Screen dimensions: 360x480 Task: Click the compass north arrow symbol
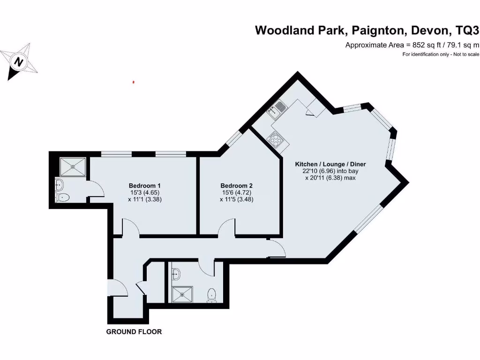point(18,61)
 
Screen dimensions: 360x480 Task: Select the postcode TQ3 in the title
point(467,31)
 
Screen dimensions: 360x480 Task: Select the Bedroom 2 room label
point(237,185)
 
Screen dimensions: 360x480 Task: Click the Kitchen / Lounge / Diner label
point(330,164)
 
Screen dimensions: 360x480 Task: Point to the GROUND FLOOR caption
point(134,332)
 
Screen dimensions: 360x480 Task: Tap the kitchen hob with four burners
point(274,139)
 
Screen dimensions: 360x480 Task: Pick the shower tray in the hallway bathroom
point(180,294)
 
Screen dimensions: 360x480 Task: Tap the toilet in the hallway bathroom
point(212,295)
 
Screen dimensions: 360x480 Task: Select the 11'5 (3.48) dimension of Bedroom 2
point(237,199)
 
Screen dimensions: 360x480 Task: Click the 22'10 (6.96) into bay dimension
point(330,172)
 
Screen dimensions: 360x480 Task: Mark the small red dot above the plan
point(134,82)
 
